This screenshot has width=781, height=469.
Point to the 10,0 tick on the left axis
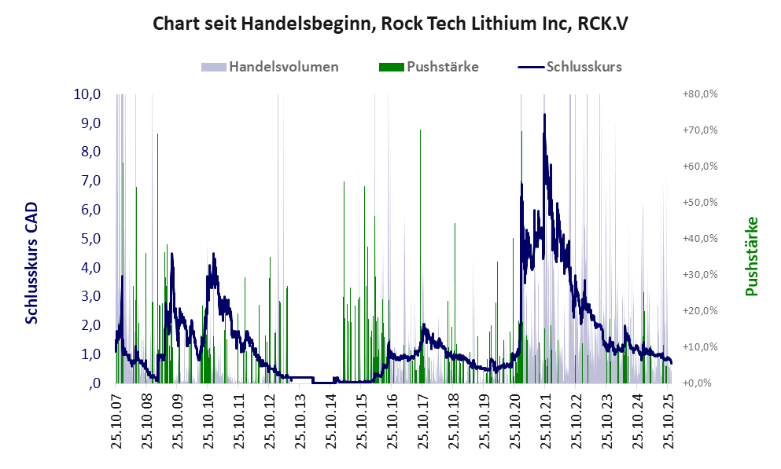(87, 94)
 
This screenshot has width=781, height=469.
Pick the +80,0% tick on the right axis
(698, 94)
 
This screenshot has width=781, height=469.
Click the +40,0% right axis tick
(698, 239)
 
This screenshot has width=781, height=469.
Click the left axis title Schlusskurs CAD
(32, 262)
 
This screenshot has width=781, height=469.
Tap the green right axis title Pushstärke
(752, 256)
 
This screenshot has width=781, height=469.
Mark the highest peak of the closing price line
(544, 115)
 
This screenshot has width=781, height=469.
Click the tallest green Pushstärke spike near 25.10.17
(421, 130)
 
